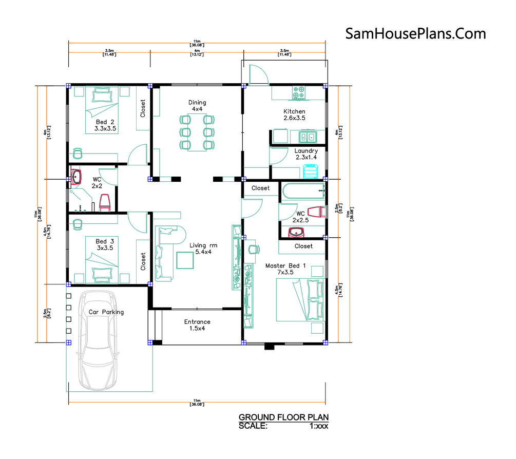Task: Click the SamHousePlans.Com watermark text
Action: click(415, 34)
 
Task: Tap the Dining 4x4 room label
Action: click(197, 106)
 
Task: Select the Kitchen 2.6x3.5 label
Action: click(294, 114)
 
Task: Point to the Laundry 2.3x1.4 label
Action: click(306, 154)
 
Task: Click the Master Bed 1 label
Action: click(285, 269)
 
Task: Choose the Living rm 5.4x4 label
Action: click(203, 248)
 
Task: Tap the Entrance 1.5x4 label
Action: click(197, 325)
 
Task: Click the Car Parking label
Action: click(106, 312)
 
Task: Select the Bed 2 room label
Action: click(105, 125)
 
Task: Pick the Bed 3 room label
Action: click(105, 244)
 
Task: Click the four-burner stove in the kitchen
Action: click(299, 92)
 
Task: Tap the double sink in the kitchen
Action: click(308, 137)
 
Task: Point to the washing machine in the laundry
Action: click(310, 171)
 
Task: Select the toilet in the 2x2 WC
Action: click(105, 203)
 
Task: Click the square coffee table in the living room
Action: click(185, 260)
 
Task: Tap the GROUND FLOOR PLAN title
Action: click(283, 417)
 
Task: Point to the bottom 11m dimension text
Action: click(197, 403)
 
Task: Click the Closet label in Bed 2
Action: click(143, 108)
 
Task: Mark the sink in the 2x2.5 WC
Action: click(296, 232)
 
